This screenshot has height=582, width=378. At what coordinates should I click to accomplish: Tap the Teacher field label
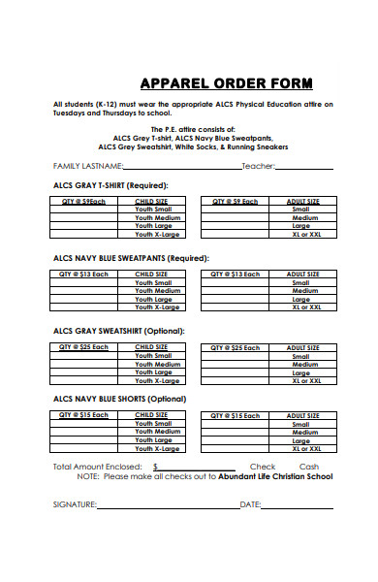click(x=258, y=166)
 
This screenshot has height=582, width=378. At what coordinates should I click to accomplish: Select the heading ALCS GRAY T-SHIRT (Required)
click(x=110, y=184)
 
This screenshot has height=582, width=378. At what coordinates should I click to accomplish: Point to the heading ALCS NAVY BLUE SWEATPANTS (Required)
click(x=131, y=258)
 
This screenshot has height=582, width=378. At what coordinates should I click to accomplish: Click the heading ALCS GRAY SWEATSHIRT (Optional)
click(x=118, y=331)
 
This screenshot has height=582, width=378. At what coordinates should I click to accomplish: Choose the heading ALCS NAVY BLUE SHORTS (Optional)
click(x=119, y=398)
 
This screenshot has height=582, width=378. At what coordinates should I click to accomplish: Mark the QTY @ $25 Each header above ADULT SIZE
click(x=235, y=347)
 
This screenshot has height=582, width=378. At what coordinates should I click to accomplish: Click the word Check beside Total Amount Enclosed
click(x=263, y=467)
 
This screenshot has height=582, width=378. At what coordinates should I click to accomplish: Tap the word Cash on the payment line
click(x=310, y=467)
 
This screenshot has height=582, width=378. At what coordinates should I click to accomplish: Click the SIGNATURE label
click(x=75, y=504)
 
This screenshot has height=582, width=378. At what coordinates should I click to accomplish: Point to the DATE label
click(x=250, y=504)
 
